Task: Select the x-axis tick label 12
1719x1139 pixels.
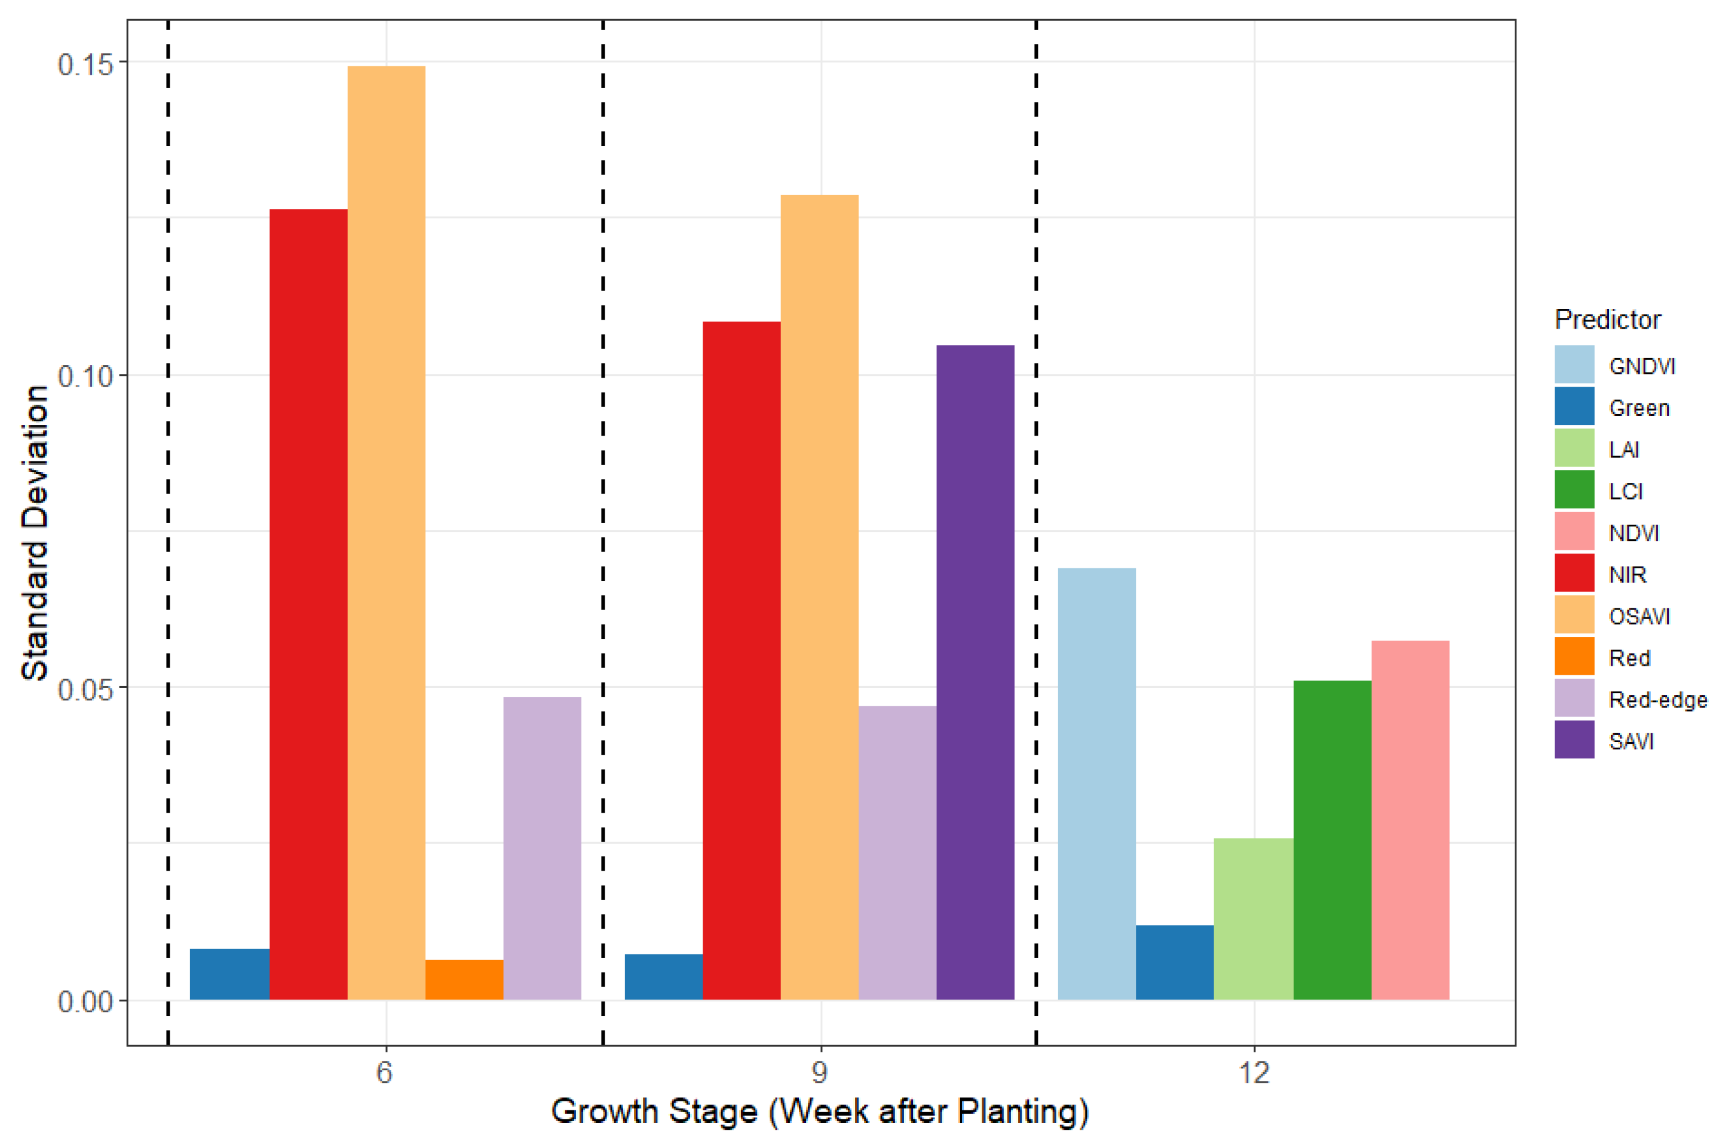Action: tap(1254, 1073)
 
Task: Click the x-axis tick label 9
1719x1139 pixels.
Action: tap(820, 1073)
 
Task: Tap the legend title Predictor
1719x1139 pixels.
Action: tap(1607, 320)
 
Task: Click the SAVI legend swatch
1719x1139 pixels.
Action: tap(1574, 739)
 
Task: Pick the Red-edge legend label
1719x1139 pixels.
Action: tap(1657, 700)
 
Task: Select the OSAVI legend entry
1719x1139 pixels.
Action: tap(1638, 616)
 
